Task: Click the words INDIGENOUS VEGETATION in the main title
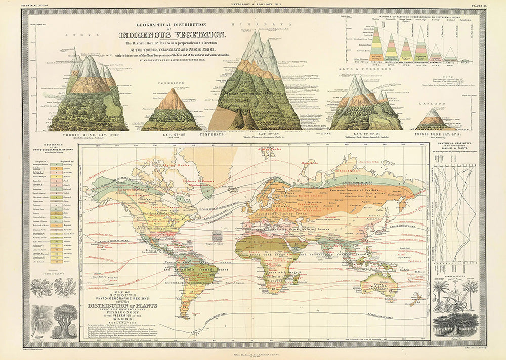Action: (x=172, y=35)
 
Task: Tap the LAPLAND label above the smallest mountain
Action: (x=435, y=102)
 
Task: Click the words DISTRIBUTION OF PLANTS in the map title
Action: (x=122, y=305)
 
